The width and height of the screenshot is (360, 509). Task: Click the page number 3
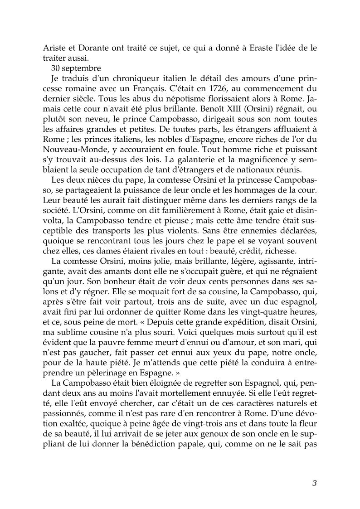314,483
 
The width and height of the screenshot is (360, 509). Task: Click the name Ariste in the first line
55,49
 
